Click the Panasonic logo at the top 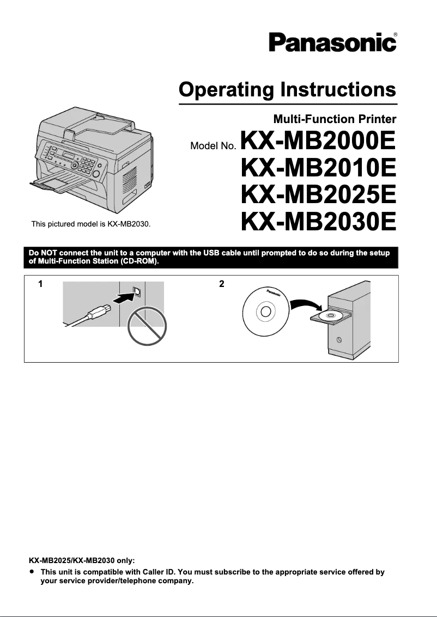(x=332, y=42)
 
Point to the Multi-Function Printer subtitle (x=335, y=118)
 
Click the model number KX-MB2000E (x=318, y=143)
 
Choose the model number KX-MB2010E (x=318, y=169)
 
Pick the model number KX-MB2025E (x=318, y=194)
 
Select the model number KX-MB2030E (x=318, y=220)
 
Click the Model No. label (x=213, y=146)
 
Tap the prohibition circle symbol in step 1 (x=147, y=328)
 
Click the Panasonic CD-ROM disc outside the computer (x=265, y=311)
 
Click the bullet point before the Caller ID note (x=33, y=572)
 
